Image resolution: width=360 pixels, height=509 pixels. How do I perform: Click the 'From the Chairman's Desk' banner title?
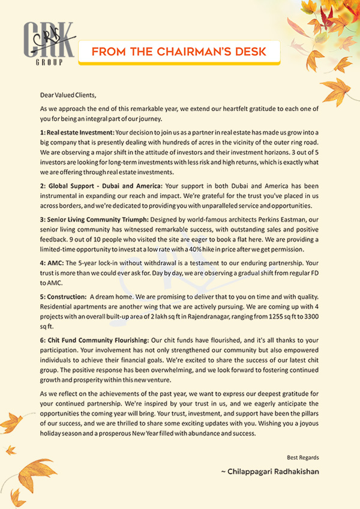(179, 52)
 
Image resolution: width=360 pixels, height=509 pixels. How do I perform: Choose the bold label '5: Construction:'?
(63, 295)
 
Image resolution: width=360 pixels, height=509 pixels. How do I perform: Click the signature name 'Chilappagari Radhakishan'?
(273, 472)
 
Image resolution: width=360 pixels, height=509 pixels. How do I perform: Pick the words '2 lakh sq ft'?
(169, 314)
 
